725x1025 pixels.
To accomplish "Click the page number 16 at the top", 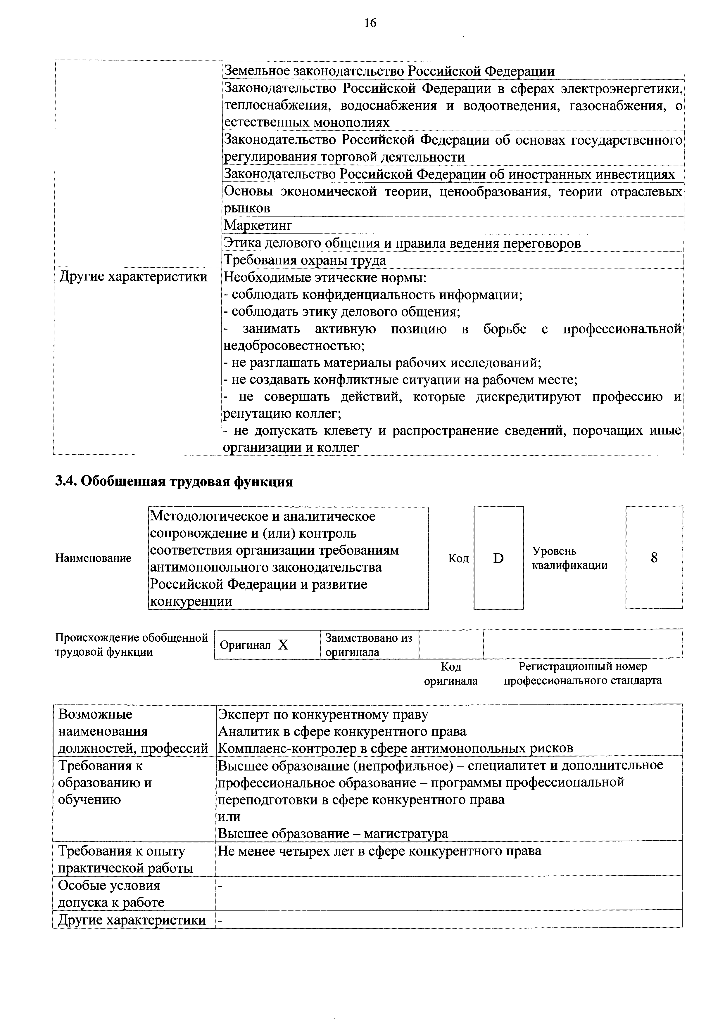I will tap(370, 23).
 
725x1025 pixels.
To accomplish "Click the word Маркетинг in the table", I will tap(258, 226).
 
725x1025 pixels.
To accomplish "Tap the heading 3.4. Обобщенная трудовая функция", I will tap(174, 482).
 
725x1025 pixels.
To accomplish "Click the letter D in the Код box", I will tap(498, 558).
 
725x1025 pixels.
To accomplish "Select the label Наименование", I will tap(93, 558).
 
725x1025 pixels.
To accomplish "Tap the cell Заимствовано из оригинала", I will tap(369, 644).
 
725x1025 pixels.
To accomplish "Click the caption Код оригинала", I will tap(451, 674).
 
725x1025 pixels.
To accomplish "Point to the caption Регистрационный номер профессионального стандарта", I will tap(583, 674).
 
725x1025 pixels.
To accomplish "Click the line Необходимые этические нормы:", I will tap(325, 278).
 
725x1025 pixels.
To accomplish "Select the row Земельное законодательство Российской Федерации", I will tap(389, 71).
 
